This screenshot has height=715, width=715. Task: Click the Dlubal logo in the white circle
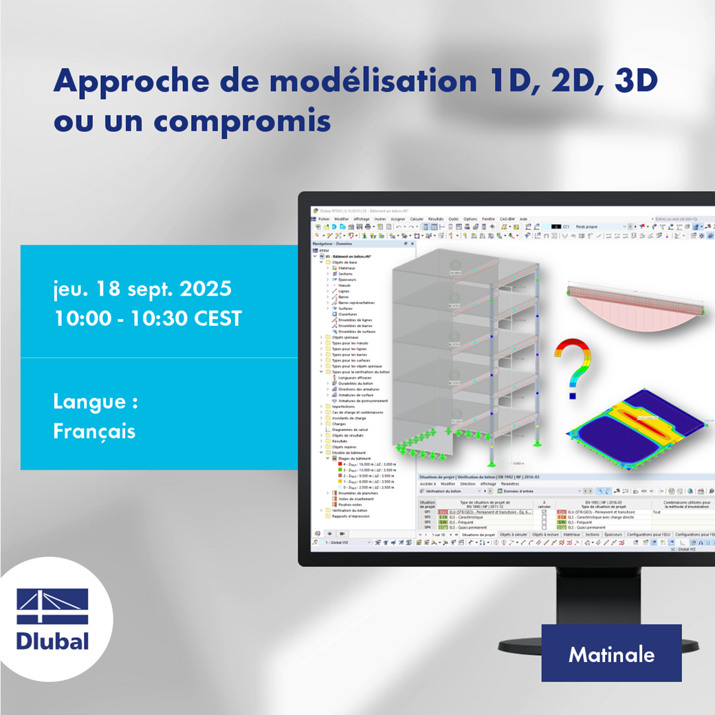click(53, 619)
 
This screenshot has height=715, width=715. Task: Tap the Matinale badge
click(611, 654)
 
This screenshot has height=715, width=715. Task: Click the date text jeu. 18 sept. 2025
click(142, 289)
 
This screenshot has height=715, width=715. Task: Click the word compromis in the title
click(242, 121)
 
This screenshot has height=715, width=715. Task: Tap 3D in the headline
click(635, 81)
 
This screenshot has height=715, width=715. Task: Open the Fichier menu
click(324, 219)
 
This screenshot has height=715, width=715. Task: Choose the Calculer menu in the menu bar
click(417, 219)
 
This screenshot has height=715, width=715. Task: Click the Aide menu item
click(523, 219)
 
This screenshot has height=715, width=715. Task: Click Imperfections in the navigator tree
click(343, 406)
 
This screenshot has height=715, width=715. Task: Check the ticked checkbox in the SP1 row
click(544, 512)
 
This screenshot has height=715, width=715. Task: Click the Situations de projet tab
click(478, 534)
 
